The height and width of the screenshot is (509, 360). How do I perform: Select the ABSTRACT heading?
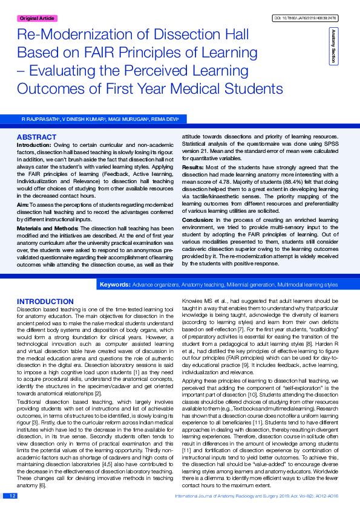(36, 137)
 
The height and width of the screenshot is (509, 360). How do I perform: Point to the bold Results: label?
(193, 166)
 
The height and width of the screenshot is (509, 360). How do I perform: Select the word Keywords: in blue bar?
(115, 284)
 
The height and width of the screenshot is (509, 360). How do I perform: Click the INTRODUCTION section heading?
(45, 301)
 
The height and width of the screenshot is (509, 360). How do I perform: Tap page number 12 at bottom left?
(11, 496)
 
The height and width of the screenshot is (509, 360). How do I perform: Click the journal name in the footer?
(230, 496)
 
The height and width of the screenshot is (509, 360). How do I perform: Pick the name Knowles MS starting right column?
(198, 301)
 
